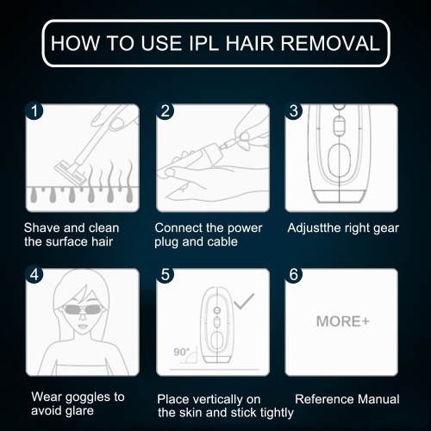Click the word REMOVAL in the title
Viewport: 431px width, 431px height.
point(330,44)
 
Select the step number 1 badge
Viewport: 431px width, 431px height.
point(34,111)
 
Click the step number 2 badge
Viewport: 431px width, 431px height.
point(165,111)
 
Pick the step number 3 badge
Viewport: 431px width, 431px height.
point(293,111)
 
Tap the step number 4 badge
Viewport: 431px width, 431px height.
point(34,274)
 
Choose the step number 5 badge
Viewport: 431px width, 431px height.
point(165,274)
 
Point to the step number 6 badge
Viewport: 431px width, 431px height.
point(293,274)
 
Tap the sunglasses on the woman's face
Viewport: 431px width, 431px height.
point(83,309)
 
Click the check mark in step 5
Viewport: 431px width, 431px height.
point(244,301)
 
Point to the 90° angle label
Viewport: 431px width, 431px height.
point(182,352)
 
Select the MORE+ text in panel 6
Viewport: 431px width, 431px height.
point(342,322)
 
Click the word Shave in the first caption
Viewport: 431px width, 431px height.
point(42,228)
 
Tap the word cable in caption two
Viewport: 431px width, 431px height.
point(222,241)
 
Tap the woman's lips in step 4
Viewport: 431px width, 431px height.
point(83,327)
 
